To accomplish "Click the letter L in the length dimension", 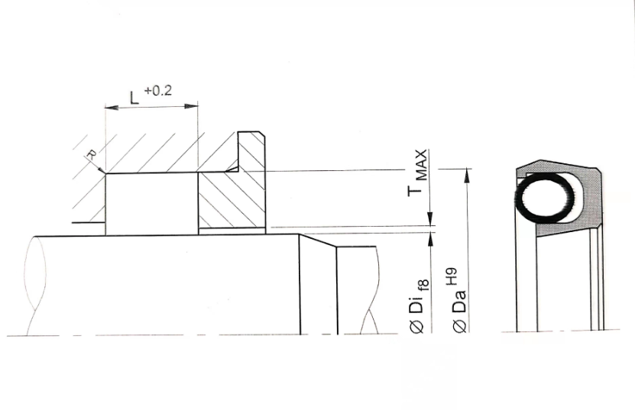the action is coord(134,98).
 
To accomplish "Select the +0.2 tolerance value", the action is coord(158,90).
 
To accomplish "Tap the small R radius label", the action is coord(92,153).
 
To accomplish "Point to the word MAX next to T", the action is coord(421,165).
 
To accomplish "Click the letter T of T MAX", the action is coord(415,191).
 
